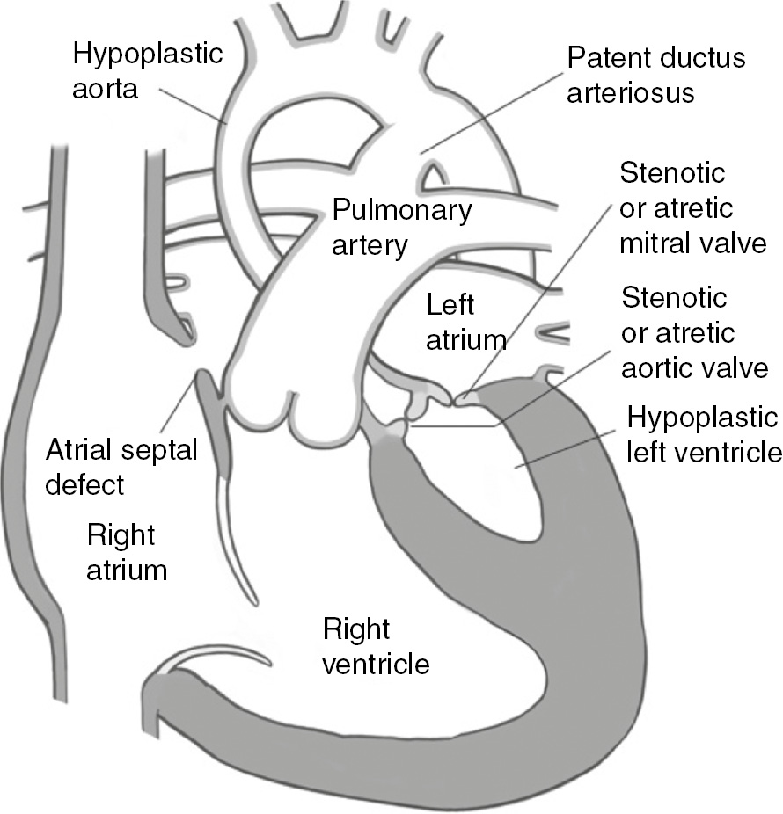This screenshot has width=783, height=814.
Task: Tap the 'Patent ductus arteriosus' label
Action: pos(655,76)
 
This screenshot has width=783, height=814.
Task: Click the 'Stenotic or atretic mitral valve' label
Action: pos(692,207)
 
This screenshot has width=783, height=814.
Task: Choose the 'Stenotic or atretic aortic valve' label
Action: pos(694,334)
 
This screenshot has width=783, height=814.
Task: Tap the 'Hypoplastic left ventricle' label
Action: pos(703,433)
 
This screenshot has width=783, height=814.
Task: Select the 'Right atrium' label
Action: pos(127,552)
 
